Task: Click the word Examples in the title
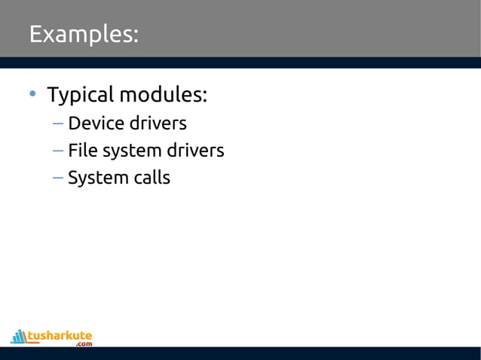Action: point(81,35)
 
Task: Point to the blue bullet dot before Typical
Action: point(32,95)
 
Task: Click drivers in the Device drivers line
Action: point(158,123)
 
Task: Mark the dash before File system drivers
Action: point(58,151)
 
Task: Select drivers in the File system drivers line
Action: point(195,150)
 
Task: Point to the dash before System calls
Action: point(58,178)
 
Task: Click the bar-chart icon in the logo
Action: point(19,336)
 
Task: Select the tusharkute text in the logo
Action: point(60,334)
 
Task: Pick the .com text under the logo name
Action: point(83,344)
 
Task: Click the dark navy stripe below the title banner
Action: point(240,63)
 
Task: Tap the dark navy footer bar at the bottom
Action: point(240,353)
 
